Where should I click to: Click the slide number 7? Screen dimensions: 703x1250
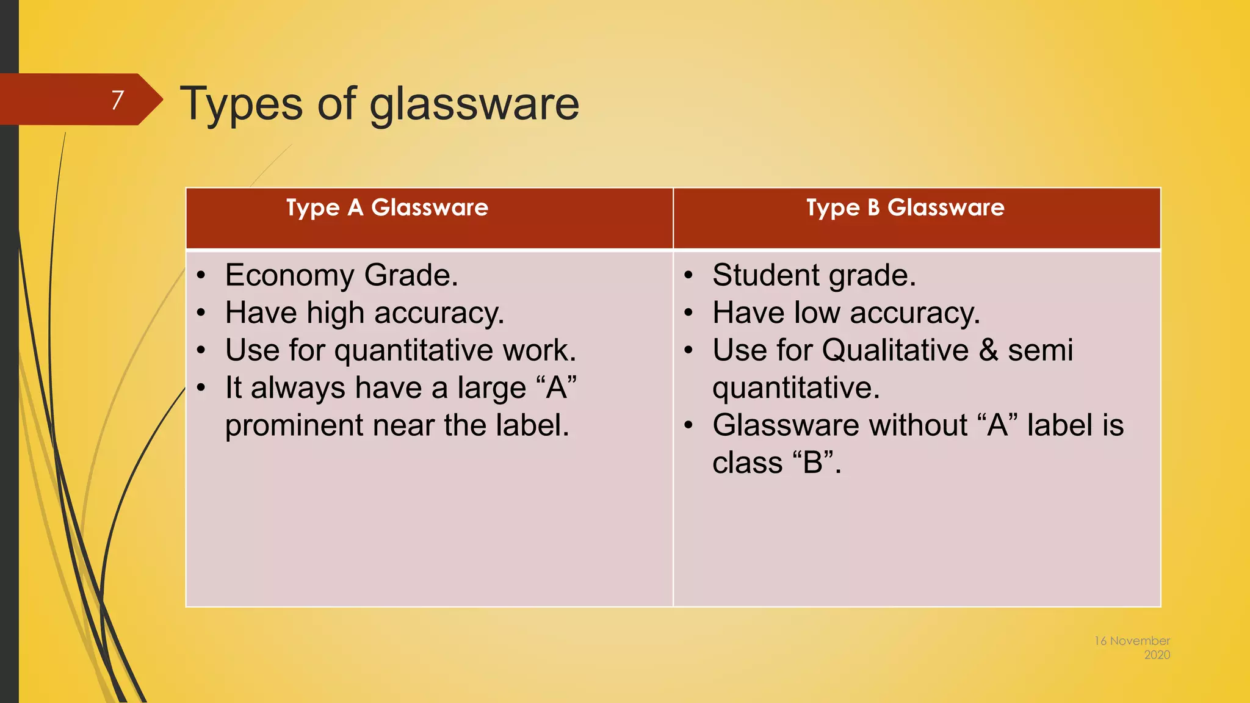click(117, 100)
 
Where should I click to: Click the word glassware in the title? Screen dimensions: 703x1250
click(474, 105)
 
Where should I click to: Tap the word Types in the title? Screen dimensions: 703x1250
click(241, 104)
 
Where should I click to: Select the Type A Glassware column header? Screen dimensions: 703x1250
click(387, 207)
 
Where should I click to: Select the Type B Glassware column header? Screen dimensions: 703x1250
click(905, 207)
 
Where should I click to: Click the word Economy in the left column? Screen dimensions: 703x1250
click(289, 276)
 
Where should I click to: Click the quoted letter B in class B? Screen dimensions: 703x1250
click(813, 463)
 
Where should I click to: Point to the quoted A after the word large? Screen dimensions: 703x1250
click(556, 388)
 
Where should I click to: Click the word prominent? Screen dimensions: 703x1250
click(294, 426)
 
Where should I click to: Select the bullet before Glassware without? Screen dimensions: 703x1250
click(688, 425)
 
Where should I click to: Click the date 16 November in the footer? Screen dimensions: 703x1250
click(1131, 641)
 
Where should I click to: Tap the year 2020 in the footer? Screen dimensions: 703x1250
click(1157, 655)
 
